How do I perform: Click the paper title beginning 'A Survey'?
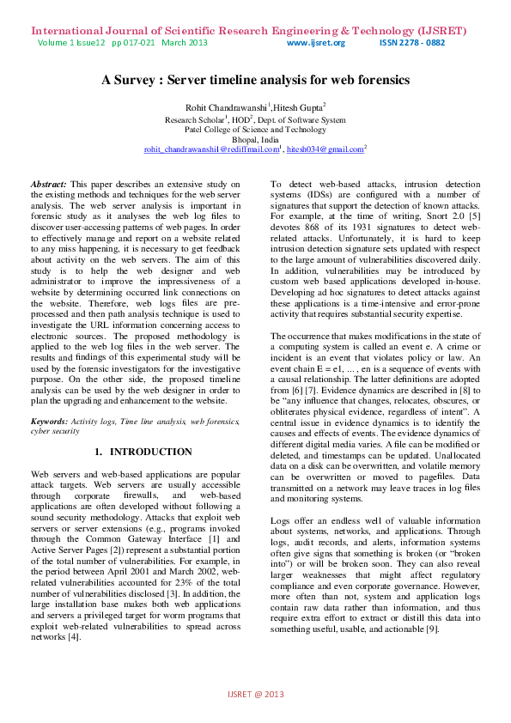tap(255, 80)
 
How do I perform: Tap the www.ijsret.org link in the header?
tap(315, 43)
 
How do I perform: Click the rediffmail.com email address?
tap(212, 149)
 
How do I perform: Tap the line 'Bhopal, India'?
tap(255, 138)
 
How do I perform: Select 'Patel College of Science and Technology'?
tap(255, 129)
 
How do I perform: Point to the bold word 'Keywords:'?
tap(51, 422)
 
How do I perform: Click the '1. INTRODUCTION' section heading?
tap(143, 452)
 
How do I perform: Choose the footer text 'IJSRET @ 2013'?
tap(255, 693)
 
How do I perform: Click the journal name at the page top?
tap(249, 30)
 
